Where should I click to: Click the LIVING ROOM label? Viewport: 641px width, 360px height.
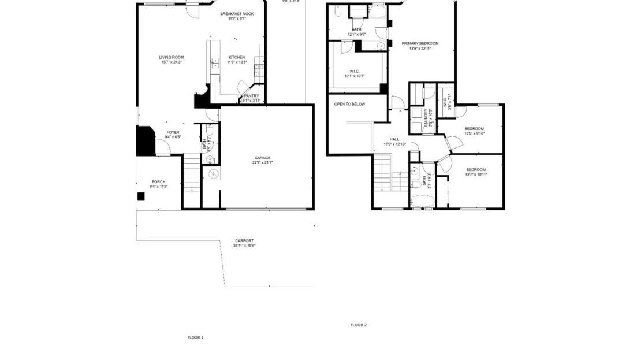click(172, 58)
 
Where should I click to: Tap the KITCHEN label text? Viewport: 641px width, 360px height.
click(236, 58)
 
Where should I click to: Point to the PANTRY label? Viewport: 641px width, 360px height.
click(251, 96)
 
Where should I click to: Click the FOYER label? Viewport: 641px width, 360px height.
click(173, 133)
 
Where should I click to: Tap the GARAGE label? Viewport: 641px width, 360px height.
click(263, 158)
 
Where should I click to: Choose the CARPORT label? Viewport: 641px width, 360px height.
click(244, 241)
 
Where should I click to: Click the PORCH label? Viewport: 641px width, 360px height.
click(158, 182)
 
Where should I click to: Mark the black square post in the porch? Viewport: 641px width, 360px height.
click(141, 196)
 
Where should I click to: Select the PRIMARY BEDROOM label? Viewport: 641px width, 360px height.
click(420, 44)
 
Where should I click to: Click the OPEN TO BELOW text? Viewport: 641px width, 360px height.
click(349, 104)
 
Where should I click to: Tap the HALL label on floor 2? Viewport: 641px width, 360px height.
click(394, 139)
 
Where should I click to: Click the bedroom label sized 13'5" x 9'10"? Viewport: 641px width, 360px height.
click(474, 129)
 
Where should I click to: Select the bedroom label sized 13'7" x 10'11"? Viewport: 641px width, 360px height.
click(476, 169)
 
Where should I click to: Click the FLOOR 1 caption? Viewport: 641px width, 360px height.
click(195, 337)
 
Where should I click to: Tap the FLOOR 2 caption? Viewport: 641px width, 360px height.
click(358, 325)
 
